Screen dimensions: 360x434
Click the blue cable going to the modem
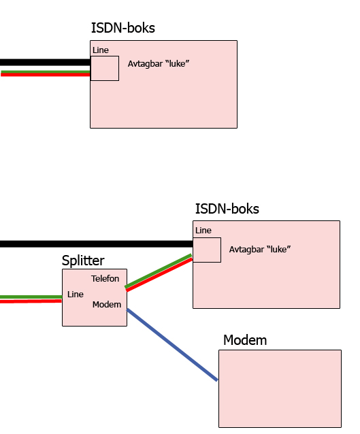point(172,345)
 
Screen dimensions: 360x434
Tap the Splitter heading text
point(83,261)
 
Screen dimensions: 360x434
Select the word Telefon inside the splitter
point(105,278)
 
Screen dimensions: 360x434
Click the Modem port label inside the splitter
point(107,305)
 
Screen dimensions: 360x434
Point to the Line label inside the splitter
point(75,295)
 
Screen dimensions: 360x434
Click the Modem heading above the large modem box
point(245,340)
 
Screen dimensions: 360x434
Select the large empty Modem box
point(280,388)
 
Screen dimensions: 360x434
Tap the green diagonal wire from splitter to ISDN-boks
point(158,271)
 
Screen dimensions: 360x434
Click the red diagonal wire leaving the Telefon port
point(159,274)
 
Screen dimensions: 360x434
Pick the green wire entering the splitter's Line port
point(31,297)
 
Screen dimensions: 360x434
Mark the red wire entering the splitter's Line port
point(31,301)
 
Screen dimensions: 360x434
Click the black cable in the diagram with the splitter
point(97,244)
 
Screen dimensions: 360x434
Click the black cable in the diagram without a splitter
point(45,63)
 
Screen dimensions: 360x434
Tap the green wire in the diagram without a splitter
point(46,72)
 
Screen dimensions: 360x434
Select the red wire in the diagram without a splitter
point(46,75)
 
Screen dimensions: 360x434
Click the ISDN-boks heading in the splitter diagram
point(227,209)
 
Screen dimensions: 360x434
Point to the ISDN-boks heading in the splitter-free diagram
point(123,28)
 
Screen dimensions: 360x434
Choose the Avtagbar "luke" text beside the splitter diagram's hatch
point(260,250)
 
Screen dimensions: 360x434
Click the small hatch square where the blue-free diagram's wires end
point(105,69)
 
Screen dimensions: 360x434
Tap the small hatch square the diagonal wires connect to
point(207,250)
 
